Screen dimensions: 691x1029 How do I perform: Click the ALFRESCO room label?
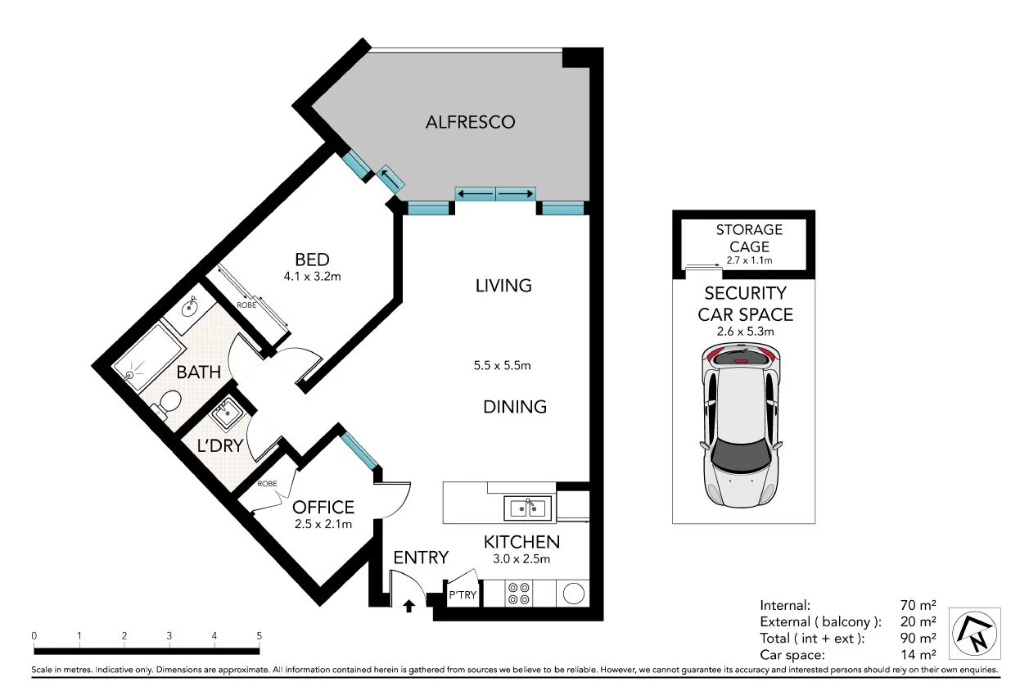tap(470, 123)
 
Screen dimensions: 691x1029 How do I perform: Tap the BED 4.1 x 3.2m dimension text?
tap(312, 277)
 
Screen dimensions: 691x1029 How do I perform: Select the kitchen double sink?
tap(527, 508)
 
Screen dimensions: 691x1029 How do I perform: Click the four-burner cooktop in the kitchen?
tap(519, 593)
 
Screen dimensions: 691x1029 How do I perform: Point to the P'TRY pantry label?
tap(463, 595)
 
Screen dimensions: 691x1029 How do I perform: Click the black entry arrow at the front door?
tap(409, 607)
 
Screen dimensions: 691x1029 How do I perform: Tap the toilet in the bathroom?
tap(169, 404)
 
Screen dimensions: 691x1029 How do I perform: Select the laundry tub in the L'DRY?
tap(225, 413)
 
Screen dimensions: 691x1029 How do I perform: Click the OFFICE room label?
tap(323, 508)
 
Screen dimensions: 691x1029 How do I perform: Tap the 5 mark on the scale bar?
tap(260, 635)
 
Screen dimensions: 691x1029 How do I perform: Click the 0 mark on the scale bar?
tap(34, 635)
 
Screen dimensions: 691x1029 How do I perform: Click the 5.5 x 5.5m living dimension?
tap(503, 366)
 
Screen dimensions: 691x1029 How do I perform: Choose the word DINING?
tap(514, 407)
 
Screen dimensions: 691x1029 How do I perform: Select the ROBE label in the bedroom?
tap(246, 305)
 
